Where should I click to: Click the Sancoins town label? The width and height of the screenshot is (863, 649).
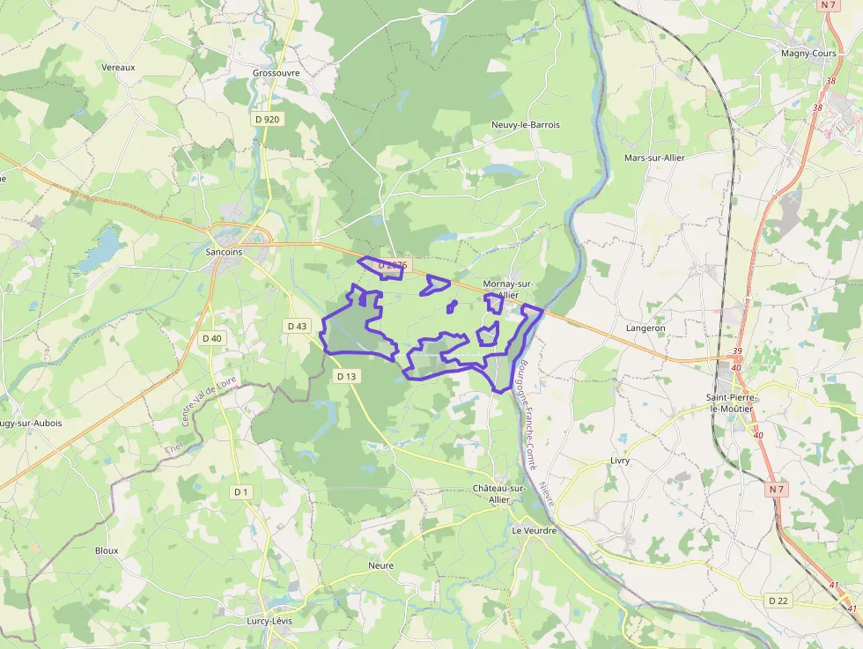tap(224, 252)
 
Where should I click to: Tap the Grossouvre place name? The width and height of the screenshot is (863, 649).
tap(276, 73)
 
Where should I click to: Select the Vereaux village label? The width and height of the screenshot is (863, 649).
tap(118, 67)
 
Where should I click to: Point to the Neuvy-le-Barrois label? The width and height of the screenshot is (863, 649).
tap(526, 125)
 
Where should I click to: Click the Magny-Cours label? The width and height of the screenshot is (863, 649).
tap(808, 53)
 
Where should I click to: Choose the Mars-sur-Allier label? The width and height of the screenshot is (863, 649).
tap(654, 158)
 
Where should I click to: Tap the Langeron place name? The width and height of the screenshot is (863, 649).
tap(645, 328)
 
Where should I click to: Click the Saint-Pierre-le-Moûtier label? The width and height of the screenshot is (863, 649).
tap(733, 403)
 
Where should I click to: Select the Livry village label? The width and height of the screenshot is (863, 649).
tap(621, 461)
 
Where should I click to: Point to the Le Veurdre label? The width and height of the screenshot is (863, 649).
tap(534, 531)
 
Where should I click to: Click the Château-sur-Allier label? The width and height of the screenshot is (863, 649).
tap(499, 493)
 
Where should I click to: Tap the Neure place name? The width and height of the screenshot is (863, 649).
tap(381, 565)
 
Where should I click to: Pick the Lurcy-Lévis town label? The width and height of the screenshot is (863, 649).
tap(270, 621)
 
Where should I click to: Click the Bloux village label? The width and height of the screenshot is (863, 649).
tap(107, 550)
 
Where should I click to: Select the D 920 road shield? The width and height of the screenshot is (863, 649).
tap(266, 119)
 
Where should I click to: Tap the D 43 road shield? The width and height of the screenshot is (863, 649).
tap(298, 326)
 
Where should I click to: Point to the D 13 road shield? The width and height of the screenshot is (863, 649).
tap(347, 376)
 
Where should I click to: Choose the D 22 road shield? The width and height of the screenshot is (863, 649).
tap(778, 601)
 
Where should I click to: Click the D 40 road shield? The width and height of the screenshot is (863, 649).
tap(212, 338)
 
